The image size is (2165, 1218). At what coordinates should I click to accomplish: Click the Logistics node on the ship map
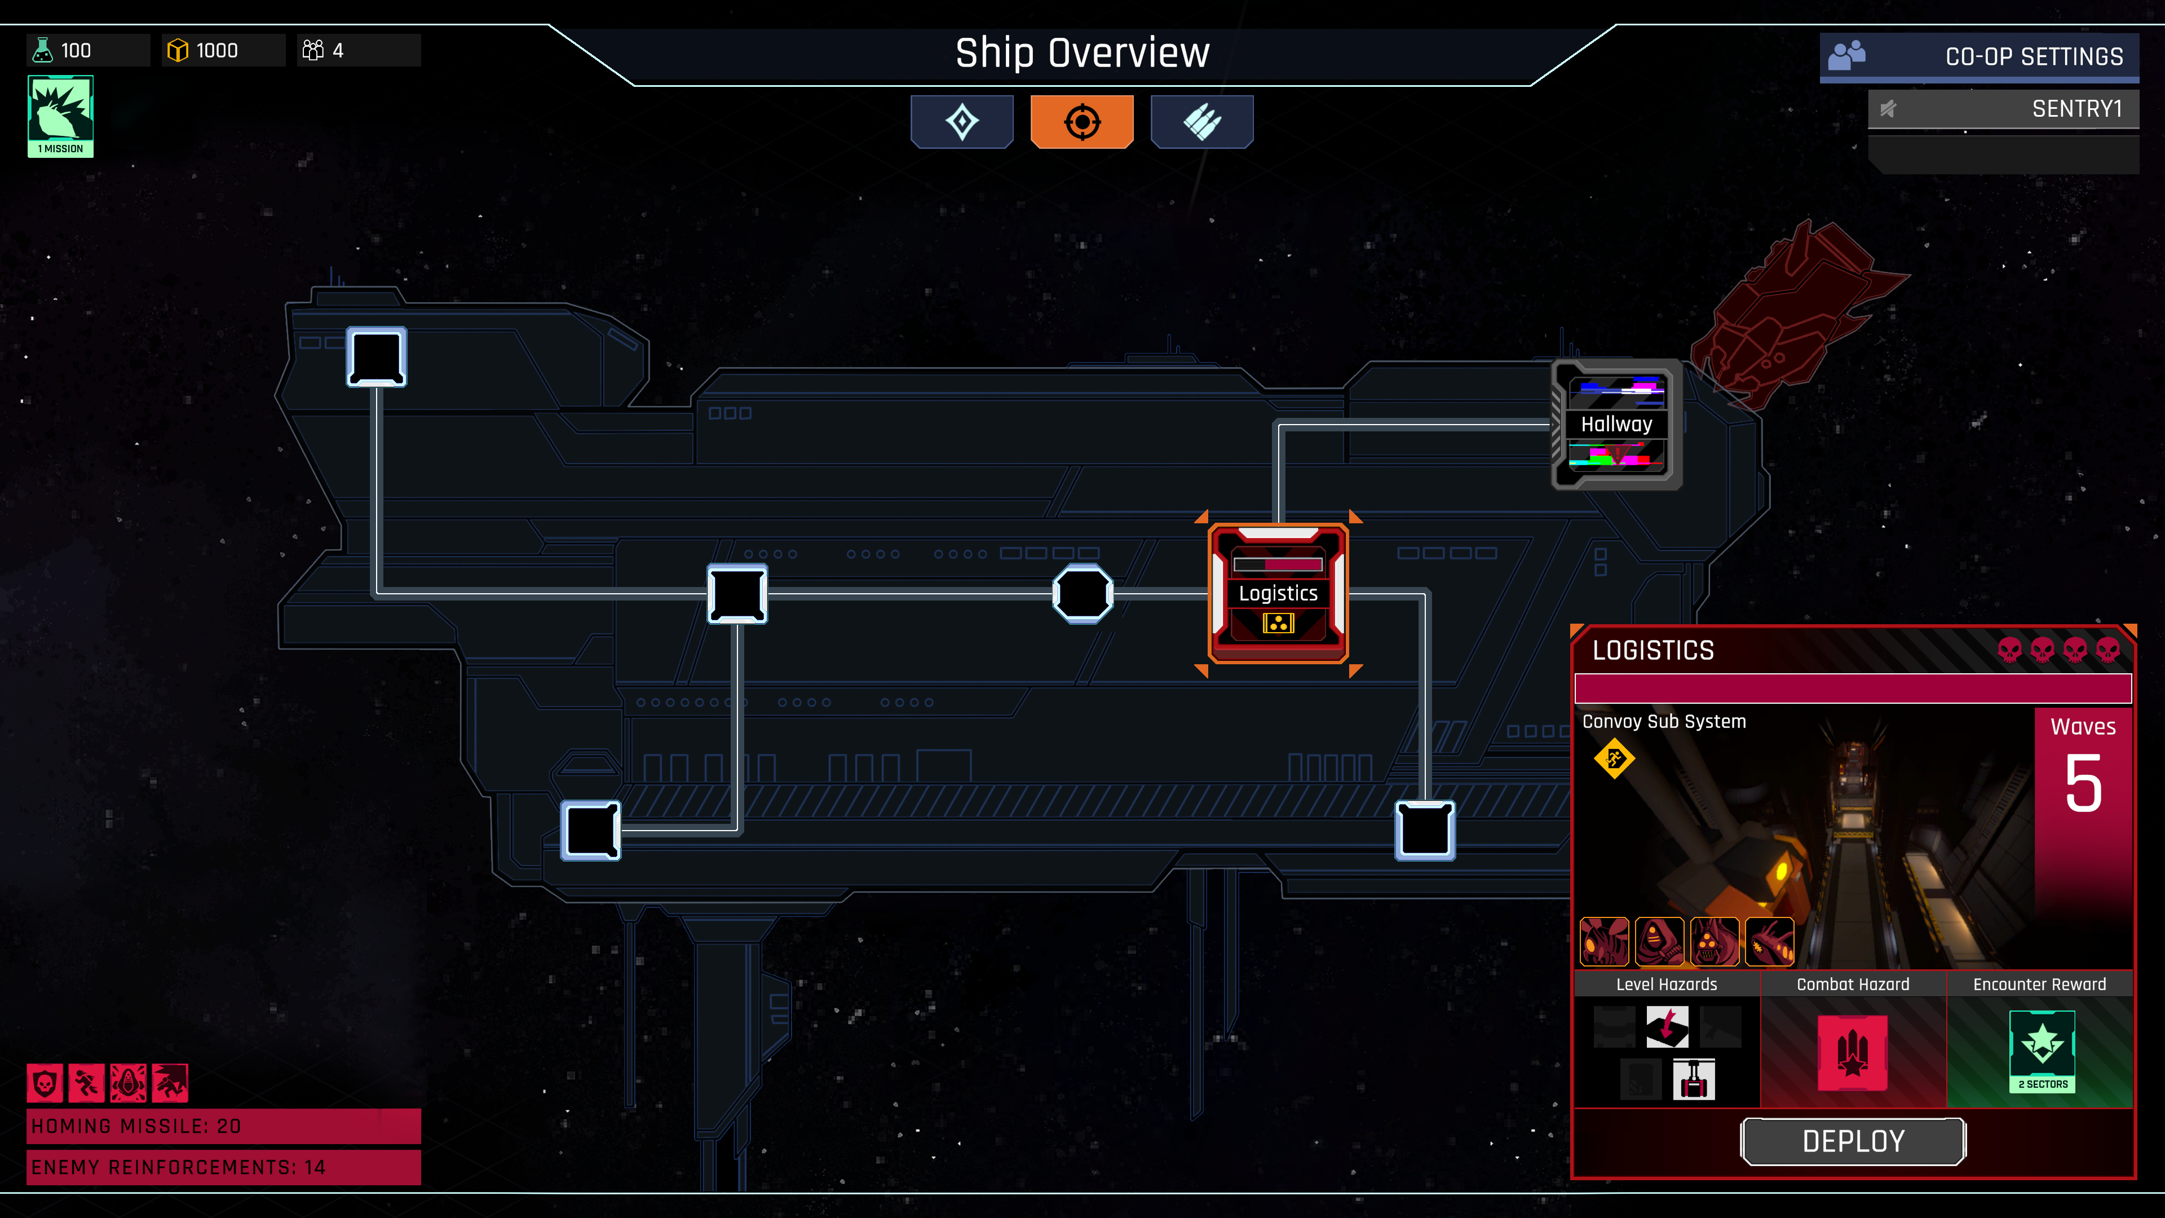(x=1278, y=593)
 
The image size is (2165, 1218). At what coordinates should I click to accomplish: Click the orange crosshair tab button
(x=1082, y=122)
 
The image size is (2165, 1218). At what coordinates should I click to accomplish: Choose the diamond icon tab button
(x=961, y=122)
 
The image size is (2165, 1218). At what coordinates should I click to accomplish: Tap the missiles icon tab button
(x=1202, y=122)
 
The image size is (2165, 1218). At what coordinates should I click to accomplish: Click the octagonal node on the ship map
(x=1082, y=593)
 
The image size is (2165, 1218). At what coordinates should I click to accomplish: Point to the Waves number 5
(x=2083, y=783)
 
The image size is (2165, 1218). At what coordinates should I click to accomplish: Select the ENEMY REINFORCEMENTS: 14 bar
(x=224, y=1167)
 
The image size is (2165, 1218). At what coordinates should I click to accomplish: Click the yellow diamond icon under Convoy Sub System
(x=1614, y=759)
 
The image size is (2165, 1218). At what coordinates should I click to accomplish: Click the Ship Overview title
(x=1082, y=54)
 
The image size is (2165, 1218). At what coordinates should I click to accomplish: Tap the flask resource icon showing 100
(x=42, y=50)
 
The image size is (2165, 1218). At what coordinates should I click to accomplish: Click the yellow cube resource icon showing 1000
(x=178, y=50)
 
